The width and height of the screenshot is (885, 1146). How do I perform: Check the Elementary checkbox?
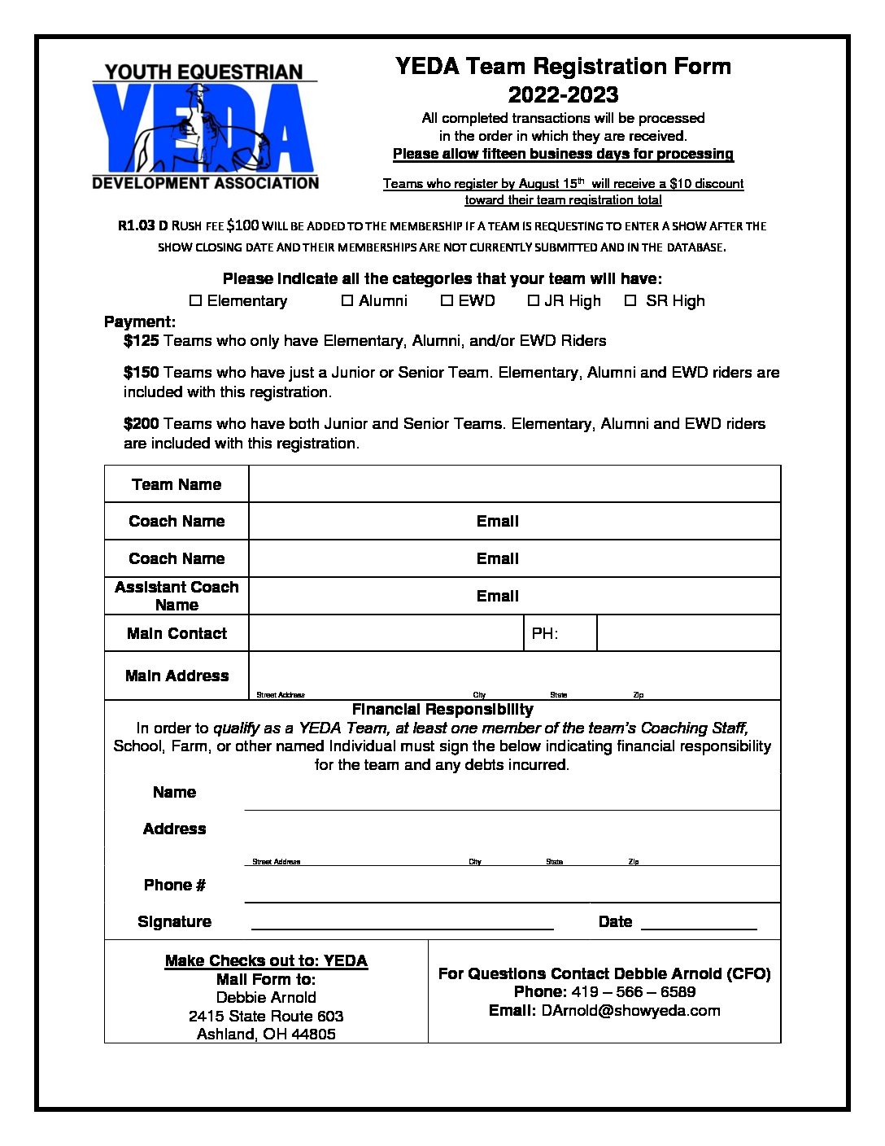195,301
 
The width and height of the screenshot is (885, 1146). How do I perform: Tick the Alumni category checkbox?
347,301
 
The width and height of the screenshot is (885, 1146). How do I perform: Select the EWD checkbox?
447,301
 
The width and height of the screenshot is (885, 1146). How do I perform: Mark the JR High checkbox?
534,301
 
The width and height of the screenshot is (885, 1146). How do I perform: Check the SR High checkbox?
630,301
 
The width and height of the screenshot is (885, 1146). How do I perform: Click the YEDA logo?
205,126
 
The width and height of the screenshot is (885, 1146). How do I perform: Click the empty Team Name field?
514,484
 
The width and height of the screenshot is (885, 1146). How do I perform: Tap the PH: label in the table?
545,634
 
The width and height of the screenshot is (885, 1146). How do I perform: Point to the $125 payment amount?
141,341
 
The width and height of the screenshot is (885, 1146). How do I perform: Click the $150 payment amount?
141,373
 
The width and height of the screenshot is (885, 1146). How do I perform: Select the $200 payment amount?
141,424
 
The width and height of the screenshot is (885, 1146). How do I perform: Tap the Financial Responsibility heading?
442,710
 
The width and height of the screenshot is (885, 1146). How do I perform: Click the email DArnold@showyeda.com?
630,1011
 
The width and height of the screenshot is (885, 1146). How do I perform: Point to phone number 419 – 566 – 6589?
633,992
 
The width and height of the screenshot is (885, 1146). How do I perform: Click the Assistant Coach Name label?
177,596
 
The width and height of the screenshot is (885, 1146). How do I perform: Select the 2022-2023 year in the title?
563,94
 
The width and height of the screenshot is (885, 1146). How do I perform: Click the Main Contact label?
177,634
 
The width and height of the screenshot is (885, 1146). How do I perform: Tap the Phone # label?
174,886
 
